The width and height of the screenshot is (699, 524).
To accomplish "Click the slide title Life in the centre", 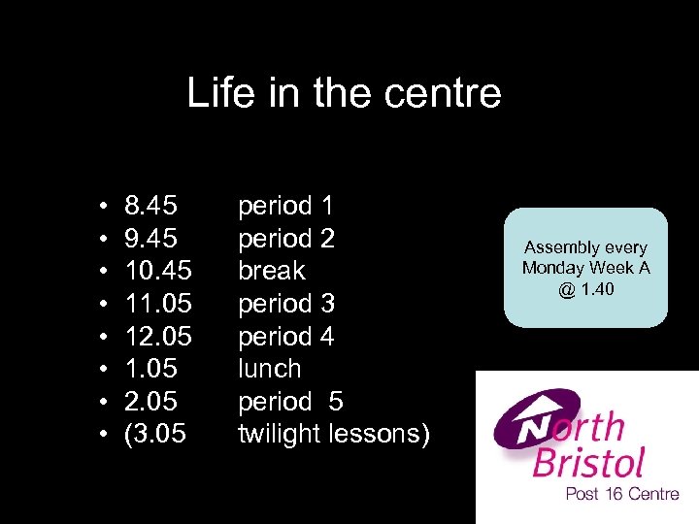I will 344,94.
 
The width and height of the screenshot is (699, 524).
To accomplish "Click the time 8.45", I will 150,206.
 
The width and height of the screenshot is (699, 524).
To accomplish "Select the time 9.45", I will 150,239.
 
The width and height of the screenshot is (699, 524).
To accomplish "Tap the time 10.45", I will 158,271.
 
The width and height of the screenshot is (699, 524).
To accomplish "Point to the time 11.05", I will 158,304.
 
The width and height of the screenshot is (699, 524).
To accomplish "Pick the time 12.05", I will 158,337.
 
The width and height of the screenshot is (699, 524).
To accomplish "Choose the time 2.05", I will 150,402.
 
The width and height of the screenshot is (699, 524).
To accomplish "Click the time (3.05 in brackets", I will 154,435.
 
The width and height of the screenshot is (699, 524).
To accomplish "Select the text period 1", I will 286,206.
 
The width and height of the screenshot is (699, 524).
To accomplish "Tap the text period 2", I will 286,239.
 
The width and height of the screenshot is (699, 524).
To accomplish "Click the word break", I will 272,271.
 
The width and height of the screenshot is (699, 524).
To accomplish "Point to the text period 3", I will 286,304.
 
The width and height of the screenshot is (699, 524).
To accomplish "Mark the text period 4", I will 286,337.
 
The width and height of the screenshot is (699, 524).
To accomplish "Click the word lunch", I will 270,369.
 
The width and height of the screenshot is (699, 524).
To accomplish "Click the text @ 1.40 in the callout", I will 585,288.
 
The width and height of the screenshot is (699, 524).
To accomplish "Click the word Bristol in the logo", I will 589,462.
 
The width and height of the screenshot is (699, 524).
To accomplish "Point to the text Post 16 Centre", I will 622,494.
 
